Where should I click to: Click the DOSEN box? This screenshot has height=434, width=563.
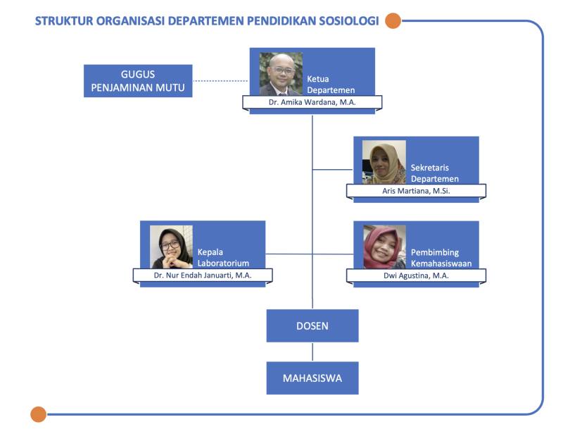coord(312,325)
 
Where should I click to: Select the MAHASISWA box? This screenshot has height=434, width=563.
coord(312,378)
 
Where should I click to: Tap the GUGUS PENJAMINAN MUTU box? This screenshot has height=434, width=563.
coord(138,81)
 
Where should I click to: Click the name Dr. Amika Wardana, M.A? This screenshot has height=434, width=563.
coord(312,102)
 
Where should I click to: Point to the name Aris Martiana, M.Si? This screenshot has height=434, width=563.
coord(416,191)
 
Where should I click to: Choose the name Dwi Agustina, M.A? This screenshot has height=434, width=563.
coord(416,275)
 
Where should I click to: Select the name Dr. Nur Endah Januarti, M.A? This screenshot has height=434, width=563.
coord(203,275)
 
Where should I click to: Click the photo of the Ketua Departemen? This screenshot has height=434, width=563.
coord(281,74)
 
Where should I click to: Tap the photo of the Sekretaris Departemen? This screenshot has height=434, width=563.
coord(384,162)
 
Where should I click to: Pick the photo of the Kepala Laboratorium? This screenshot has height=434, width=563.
coord(171,247)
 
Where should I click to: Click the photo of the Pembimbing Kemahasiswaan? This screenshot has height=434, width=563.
coord(384,247)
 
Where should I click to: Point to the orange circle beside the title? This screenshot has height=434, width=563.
coord(393,21)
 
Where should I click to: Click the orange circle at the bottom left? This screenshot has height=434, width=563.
coord(39,414)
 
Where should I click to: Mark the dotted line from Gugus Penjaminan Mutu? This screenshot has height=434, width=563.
coord(220,81)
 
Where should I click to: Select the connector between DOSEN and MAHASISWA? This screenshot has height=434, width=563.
coord(312,352)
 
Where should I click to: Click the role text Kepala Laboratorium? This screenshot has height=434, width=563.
coord(223,257)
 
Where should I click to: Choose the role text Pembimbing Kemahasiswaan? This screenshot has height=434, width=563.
coord(441,258)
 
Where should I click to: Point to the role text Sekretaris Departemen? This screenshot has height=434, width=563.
coord(435,173)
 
